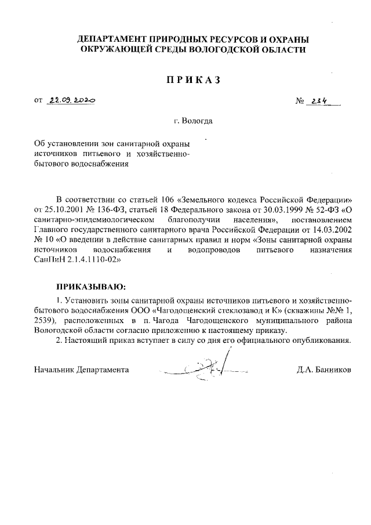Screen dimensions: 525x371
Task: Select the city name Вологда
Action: pos(197,122)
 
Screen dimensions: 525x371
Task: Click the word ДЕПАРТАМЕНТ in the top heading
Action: pos(114,39)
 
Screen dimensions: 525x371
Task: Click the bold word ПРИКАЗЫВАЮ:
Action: pos(90,287)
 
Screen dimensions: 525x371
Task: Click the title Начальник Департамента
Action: pos(82,369)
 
